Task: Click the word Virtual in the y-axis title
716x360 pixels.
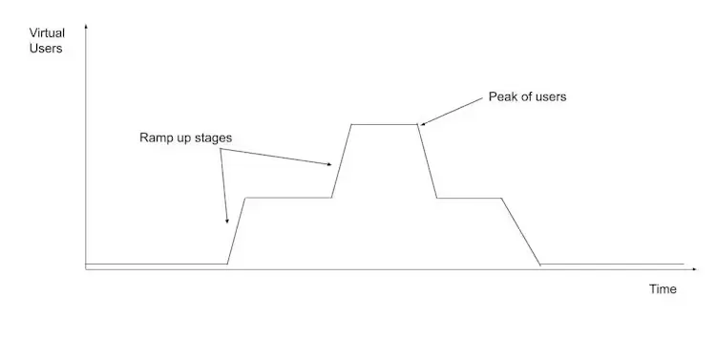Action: tap(47, 32)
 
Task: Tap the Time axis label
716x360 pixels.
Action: tap(663, 288)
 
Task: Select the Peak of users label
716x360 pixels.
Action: tap(527, 96)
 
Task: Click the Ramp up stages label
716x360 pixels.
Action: tap(185, 138)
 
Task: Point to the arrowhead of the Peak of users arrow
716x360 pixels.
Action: tap(421, 123)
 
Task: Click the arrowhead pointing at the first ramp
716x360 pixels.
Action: tap(227, 221)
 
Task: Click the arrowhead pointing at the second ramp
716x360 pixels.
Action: tap(331, 165)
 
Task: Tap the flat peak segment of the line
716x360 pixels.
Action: tap(385, 124)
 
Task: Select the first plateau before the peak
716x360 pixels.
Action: tap(288, 198)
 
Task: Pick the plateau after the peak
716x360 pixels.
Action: tap(469, 198)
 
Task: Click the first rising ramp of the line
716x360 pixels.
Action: tap(237, 230)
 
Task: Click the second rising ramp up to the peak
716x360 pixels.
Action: tap(342, 160)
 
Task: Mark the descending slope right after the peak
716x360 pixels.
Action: tap(428, 160)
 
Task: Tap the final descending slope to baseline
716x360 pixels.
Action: tap(521, 231)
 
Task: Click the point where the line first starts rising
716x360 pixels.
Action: tap(227, 263)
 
